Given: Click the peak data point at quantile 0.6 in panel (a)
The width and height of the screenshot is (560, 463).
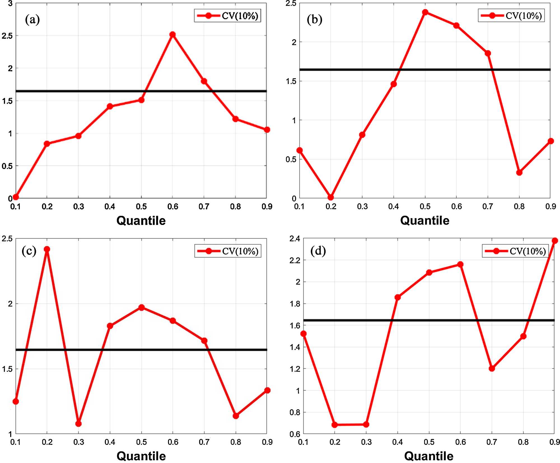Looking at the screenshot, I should coord(172,34).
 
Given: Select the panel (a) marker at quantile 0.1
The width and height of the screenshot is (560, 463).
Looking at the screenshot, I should coord(16,197).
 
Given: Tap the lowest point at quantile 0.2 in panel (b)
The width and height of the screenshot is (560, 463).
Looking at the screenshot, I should coord(331,197).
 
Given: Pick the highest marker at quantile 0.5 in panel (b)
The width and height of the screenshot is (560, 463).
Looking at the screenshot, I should coord(425,12).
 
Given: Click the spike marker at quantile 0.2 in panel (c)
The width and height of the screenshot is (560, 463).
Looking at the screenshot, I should coord(47,249).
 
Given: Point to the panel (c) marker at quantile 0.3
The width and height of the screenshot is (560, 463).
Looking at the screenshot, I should coord(78,424).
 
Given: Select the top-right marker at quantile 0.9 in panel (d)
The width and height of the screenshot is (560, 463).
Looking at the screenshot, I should coord(555,241).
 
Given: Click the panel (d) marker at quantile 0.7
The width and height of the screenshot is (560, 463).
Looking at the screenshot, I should coord(492,368).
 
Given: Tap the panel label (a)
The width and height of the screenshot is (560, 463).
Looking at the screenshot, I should coord(32,20).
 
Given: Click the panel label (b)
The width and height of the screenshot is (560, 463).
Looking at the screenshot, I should coord(314,20).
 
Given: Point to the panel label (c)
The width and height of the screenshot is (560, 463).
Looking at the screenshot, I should coord(29,251).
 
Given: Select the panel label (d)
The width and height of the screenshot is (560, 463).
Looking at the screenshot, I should coord(318,251).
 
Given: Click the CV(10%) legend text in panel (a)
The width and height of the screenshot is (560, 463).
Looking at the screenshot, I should coord(240,16).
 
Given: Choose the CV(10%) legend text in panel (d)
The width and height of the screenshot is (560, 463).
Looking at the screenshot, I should coord(528,251).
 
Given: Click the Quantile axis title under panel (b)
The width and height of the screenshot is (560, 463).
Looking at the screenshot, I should coord(425,220).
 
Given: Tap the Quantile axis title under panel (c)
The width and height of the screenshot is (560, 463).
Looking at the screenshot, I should coord(141,456).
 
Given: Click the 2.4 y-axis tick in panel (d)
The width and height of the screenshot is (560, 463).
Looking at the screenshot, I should coord(295,239).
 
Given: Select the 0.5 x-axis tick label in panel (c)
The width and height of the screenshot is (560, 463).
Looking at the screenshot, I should coord(141,442).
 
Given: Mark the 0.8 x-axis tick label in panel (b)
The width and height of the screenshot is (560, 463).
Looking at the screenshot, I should coord(519,206).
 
